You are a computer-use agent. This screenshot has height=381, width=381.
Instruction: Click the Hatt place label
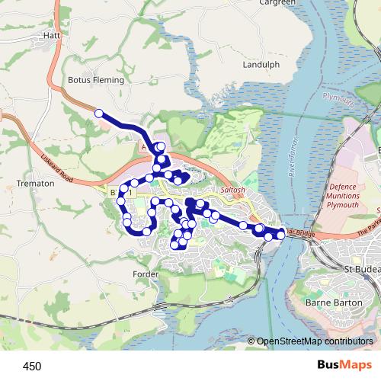click(52, 35)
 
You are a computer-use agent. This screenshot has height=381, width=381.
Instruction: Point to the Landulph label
click(261, 66)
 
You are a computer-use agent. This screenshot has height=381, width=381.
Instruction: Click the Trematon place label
click(35, 184)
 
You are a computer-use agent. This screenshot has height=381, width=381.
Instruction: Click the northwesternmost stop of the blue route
click(98, 114)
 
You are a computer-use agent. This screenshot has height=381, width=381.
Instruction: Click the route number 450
click(32, 367)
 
